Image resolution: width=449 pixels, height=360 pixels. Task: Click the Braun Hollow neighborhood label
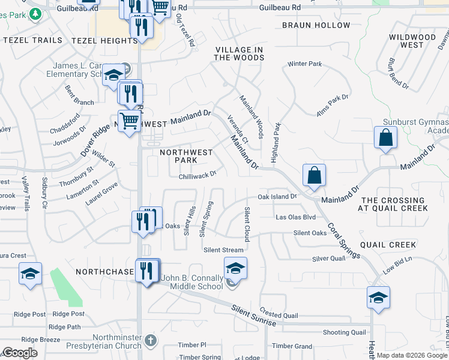pos(316,25)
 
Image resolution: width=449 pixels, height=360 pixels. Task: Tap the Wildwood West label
pos(412,41)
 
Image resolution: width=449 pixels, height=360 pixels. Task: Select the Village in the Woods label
pos(239,53)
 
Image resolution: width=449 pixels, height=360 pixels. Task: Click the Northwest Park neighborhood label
pos(186,156)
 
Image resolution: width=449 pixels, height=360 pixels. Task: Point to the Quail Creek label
pos(388,245)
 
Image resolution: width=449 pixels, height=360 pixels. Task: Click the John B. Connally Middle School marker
pos(236,268)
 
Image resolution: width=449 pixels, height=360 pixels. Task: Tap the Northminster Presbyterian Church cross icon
pos(151,341)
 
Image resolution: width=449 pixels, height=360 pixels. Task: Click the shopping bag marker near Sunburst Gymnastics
pos(385,138)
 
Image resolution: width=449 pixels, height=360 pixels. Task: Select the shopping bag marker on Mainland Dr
pos(314,176)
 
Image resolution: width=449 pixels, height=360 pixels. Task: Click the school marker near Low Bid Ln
pos(378,298)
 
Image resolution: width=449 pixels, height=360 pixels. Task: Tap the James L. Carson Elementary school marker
pos(112,75)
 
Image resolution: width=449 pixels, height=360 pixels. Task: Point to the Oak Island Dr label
pos(277,196)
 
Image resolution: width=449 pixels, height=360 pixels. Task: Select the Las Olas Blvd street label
pos(295,217)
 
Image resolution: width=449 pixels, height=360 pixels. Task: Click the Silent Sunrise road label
pos(255,316)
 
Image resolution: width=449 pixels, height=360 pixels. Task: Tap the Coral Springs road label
pos(343,241)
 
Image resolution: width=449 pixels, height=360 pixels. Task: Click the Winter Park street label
pos(305,64)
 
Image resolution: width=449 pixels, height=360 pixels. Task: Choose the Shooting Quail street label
pos(344,332)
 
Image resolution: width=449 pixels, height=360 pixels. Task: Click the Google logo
pos(20,353)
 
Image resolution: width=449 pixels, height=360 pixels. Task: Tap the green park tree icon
pos(35,13)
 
